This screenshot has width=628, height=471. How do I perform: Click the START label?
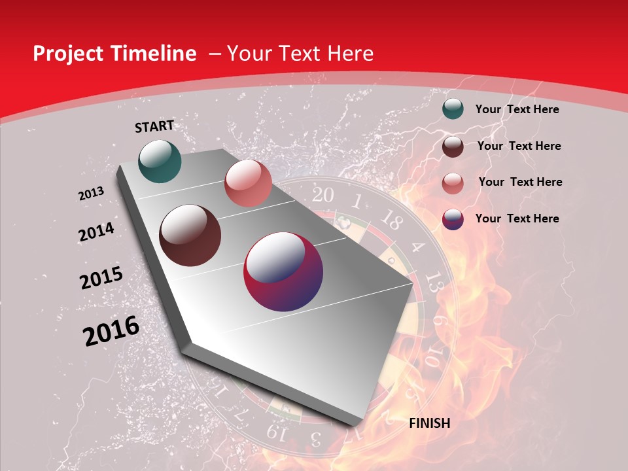click(x=154, y=126)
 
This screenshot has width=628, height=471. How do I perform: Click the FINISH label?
click(x=430, y=423)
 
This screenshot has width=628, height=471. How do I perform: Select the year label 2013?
click(x=91, y=194)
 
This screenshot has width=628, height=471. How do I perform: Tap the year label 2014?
click(x=96, y=232)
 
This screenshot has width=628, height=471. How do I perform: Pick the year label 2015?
click(x=101, y=278)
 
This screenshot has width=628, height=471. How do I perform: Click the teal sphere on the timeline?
click(x=160, y=161)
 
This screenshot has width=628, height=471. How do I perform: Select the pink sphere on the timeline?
click(x=248, y=183)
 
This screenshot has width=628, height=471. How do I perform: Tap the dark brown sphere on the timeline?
click(x=190, y=235)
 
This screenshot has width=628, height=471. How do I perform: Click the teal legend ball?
click(x=453, y=109)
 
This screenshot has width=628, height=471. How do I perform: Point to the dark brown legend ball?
click(x=453, y=146)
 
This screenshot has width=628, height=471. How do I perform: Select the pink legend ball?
click(x=453, y=183)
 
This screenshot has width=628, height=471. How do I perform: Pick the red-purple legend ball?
click(x=453, y=218)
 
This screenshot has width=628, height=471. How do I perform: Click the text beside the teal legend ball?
click(x=517, y=109)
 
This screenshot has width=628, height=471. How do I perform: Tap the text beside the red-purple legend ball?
click(x=517, y=218)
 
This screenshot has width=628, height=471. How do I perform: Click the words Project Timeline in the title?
click(x=114, y=54)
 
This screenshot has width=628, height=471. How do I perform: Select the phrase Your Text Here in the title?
click(x=300, y=54)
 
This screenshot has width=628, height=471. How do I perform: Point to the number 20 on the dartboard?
click(x=322, y=195)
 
